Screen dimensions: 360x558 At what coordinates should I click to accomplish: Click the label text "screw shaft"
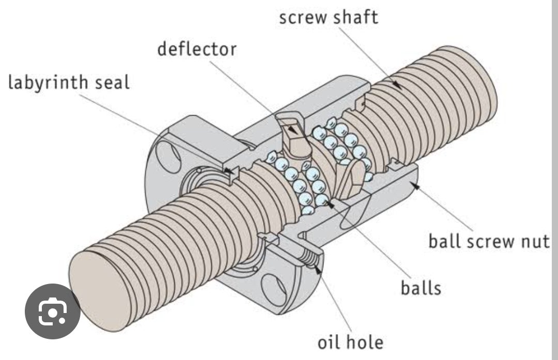click(329, 17)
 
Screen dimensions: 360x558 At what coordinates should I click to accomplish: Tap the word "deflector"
click(196, 49)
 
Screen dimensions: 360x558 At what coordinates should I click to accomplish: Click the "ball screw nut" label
click(488, 241)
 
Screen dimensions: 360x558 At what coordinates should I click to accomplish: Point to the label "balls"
click(421, 288)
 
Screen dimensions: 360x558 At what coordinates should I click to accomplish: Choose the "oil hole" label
click(350, 341)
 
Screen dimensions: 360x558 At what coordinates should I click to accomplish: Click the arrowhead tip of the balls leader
click(328, 203)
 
